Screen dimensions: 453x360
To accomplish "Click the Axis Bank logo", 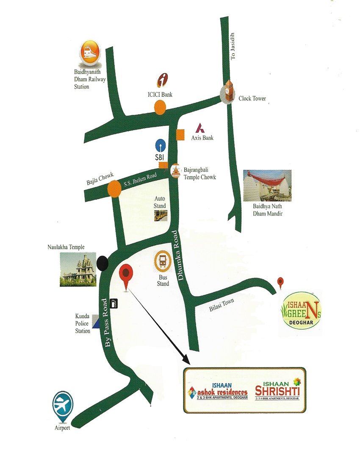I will click(199, 128).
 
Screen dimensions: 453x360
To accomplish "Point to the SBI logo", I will click(160, 146).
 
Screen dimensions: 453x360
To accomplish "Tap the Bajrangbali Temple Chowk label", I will click(199, 174).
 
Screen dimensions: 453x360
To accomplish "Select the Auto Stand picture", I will click(160, 215).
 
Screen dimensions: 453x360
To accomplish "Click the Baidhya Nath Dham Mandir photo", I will click(267, 186).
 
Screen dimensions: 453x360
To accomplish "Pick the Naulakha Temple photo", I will click(78, 269).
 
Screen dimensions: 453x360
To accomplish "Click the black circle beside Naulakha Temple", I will click(102, 264).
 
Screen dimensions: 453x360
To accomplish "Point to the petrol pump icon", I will click(114, 303).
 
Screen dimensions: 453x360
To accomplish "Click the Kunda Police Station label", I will click(83, 324).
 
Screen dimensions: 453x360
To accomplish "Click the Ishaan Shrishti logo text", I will click(277, 389).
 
